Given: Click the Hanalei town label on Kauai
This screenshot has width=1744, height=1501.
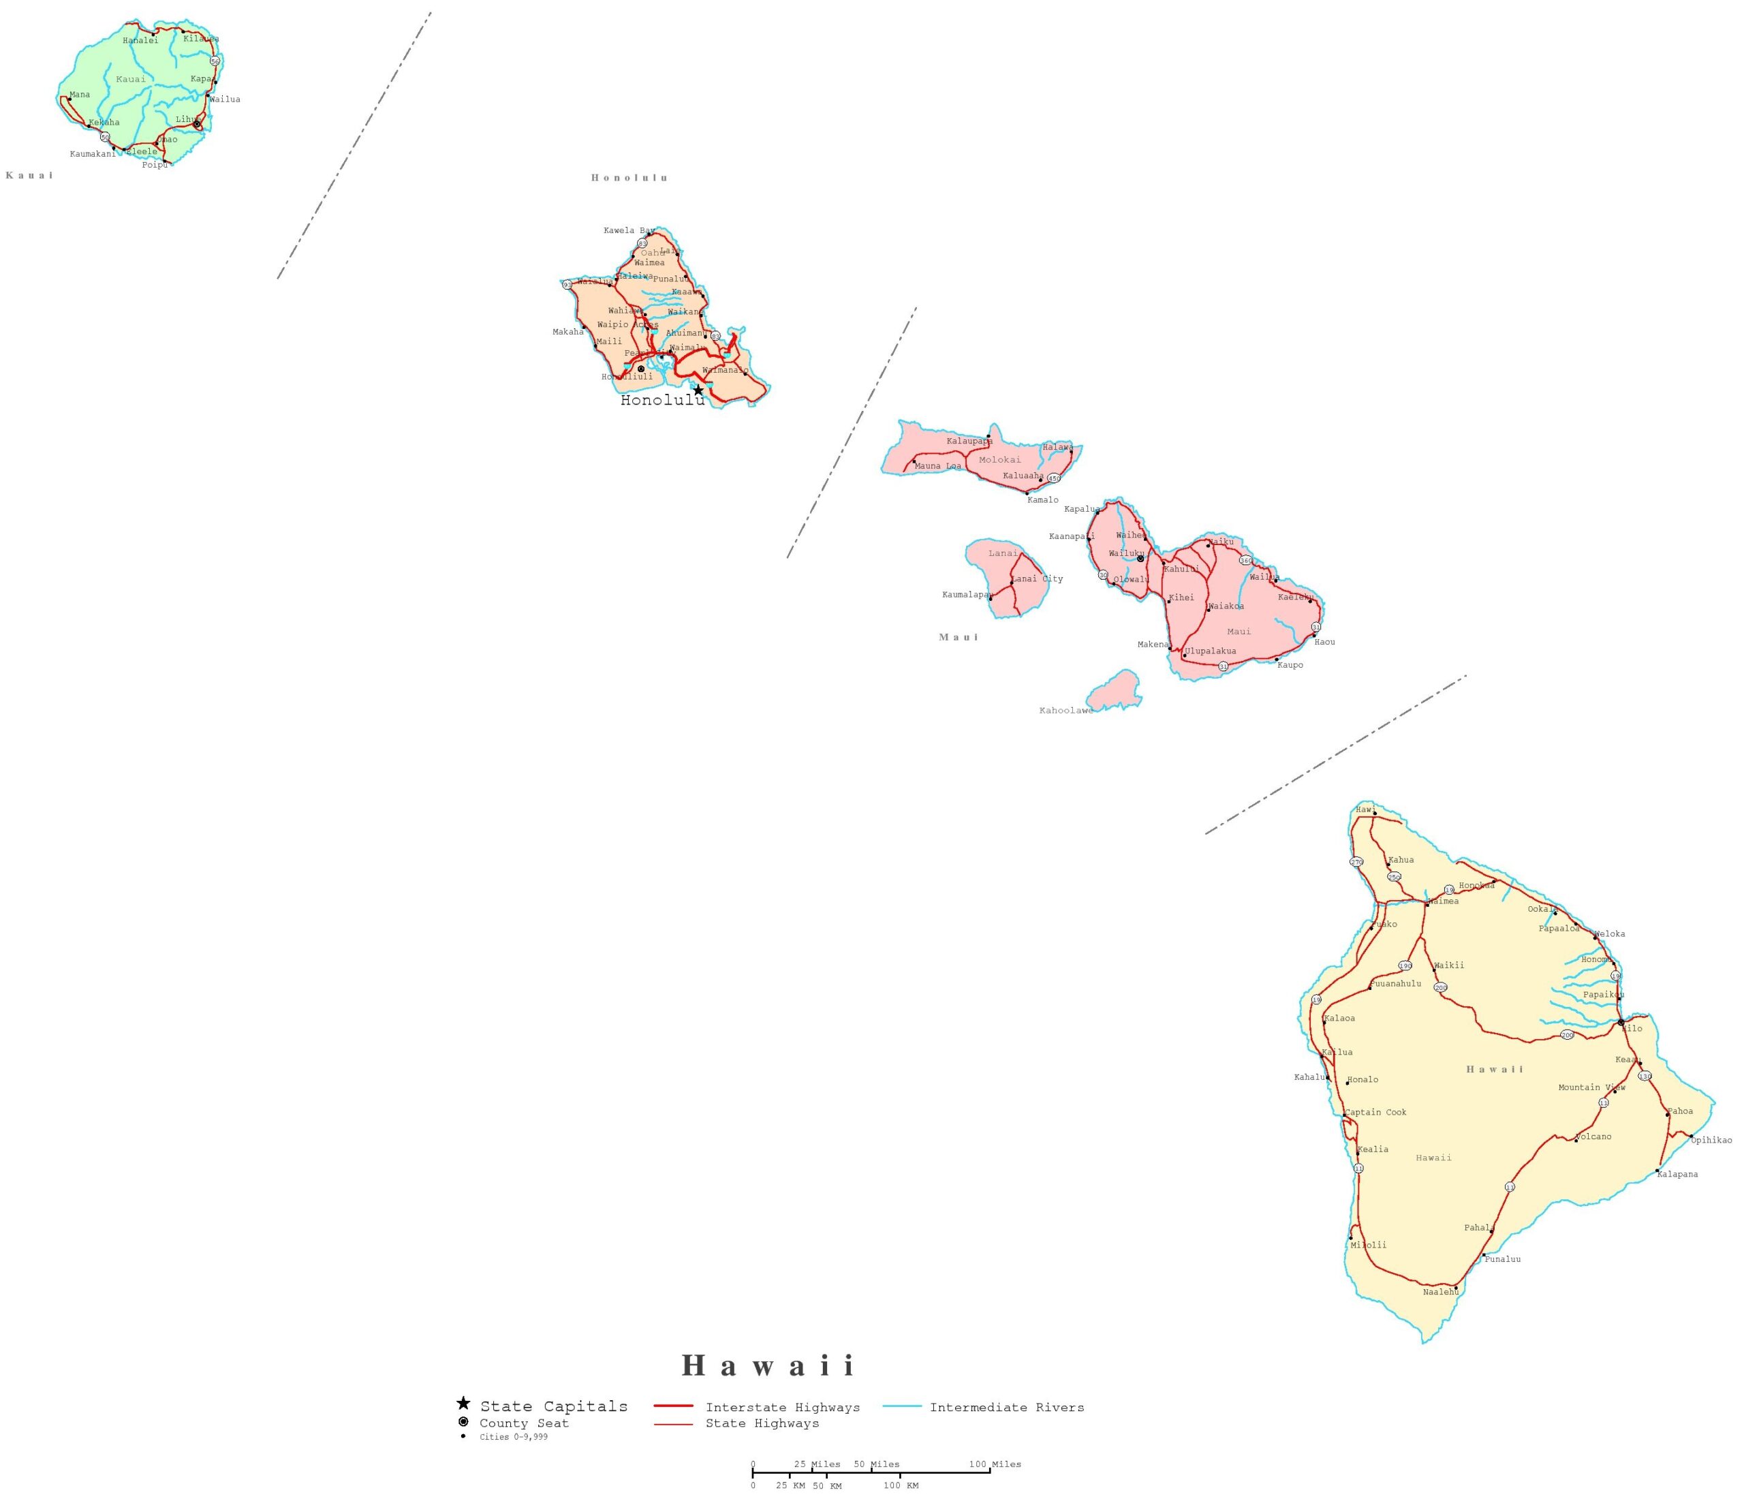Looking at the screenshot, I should coord(140,40).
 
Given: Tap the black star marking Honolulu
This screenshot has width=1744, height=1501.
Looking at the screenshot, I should coord(698,390).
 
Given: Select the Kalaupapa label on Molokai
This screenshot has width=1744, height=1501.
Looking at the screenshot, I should coord(969,441).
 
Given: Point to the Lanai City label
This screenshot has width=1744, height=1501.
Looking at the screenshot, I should coord(1037,579).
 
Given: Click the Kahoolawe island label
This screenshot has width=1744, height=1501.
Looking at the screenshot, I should coord(1065,711).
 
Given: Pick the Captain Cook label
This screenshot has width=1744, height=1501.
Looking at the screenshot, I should coord(1375,1112).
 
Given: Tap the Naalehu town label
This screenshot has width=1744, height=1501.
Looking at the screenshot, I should coord(1440,1291).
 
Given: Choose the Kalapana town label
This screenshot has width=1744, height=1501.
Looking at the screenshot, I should coord(1677,1175).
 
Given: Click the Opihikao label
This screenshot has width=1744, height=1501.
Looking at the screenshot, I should coord(1711,1140).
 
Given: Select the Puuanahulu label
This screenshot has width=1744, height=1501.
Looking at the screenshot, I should coord(1395,983).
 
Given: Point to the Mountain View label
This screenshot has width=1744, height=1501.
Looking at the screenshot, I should coord(1591,1087).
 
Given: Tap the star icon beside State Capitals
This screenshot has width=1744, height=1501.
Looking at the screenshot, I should coord(463,1404).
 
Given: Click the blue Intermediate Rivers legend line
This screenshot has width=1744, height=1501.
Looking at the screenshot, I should coord(901,1407).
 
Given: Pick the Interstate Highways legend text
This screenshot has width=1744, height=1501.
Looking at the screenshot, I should coord(783,1408).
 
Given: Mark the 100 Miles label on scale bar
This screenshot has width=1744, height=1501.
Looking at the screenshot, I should coord(994,1464).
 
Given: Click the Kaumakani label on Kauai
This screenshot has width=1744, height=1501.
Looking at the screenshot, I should coord(93,154).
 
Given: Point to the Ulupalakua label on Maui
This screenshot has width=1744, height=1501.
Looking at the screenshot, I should coord(1211,651).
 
